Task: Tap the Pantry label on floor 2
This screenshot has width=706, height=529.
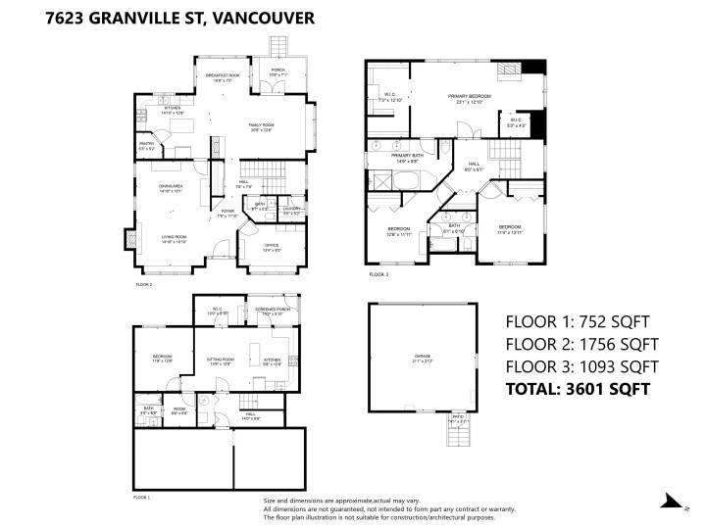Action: coord(145,145)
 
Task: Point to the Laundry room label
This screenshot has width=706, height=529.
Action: coord(291,208)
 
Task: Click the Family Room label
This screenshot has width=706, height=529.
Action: coord(261,126)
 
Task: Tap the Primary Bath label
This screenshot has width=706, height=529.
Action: coord(406,158)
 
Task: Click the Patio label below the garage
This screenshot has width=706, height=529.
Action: coord(457,418)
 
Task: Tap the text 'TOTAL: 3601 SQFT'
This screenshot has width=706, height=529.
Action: coord(578,389)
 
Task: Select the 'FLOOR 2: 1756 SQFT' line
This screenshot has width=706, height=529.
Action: coord(581,343)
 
